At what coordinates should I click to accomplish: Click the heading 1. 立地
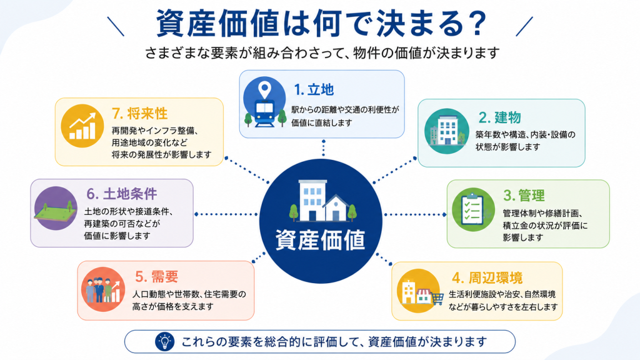(x=314, y=89)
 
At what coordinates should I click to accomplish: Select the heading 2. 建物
(x=499, y=117)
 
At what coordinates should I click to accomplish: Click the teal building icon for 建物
(x=446, y=131)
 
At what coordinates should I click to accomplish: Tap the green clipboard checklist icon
(x=473, y=210)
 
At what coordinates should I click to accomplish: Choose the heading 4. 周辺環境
(x=487, y=278)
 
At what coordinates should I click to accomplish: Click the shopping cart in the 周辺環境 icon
(x=437, y=299)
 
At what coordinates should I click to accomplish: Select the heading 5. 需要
(x=157, y=277)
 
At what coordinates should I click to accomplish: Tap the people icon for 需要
(x=103, y=289)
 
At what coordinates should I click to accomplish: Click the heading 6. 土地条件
(x=122, y=194)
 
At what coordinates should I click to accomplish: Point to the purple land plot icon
(x=56, y=209)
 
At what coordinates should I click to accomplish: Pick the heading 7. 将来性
(x=139, y=114)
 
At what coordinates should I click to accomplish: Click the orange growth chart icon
(x=82, y=126)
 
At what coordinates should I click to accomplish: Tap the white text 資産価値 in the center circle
(x=321, y=239)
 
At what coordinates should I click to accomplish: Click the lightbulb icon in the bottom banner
(x=165, y=342)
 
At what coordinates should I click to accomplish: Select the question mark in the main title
(x=476, y=23)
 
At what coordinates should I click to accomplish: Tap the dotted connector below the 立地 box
(x=323, y=147)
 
